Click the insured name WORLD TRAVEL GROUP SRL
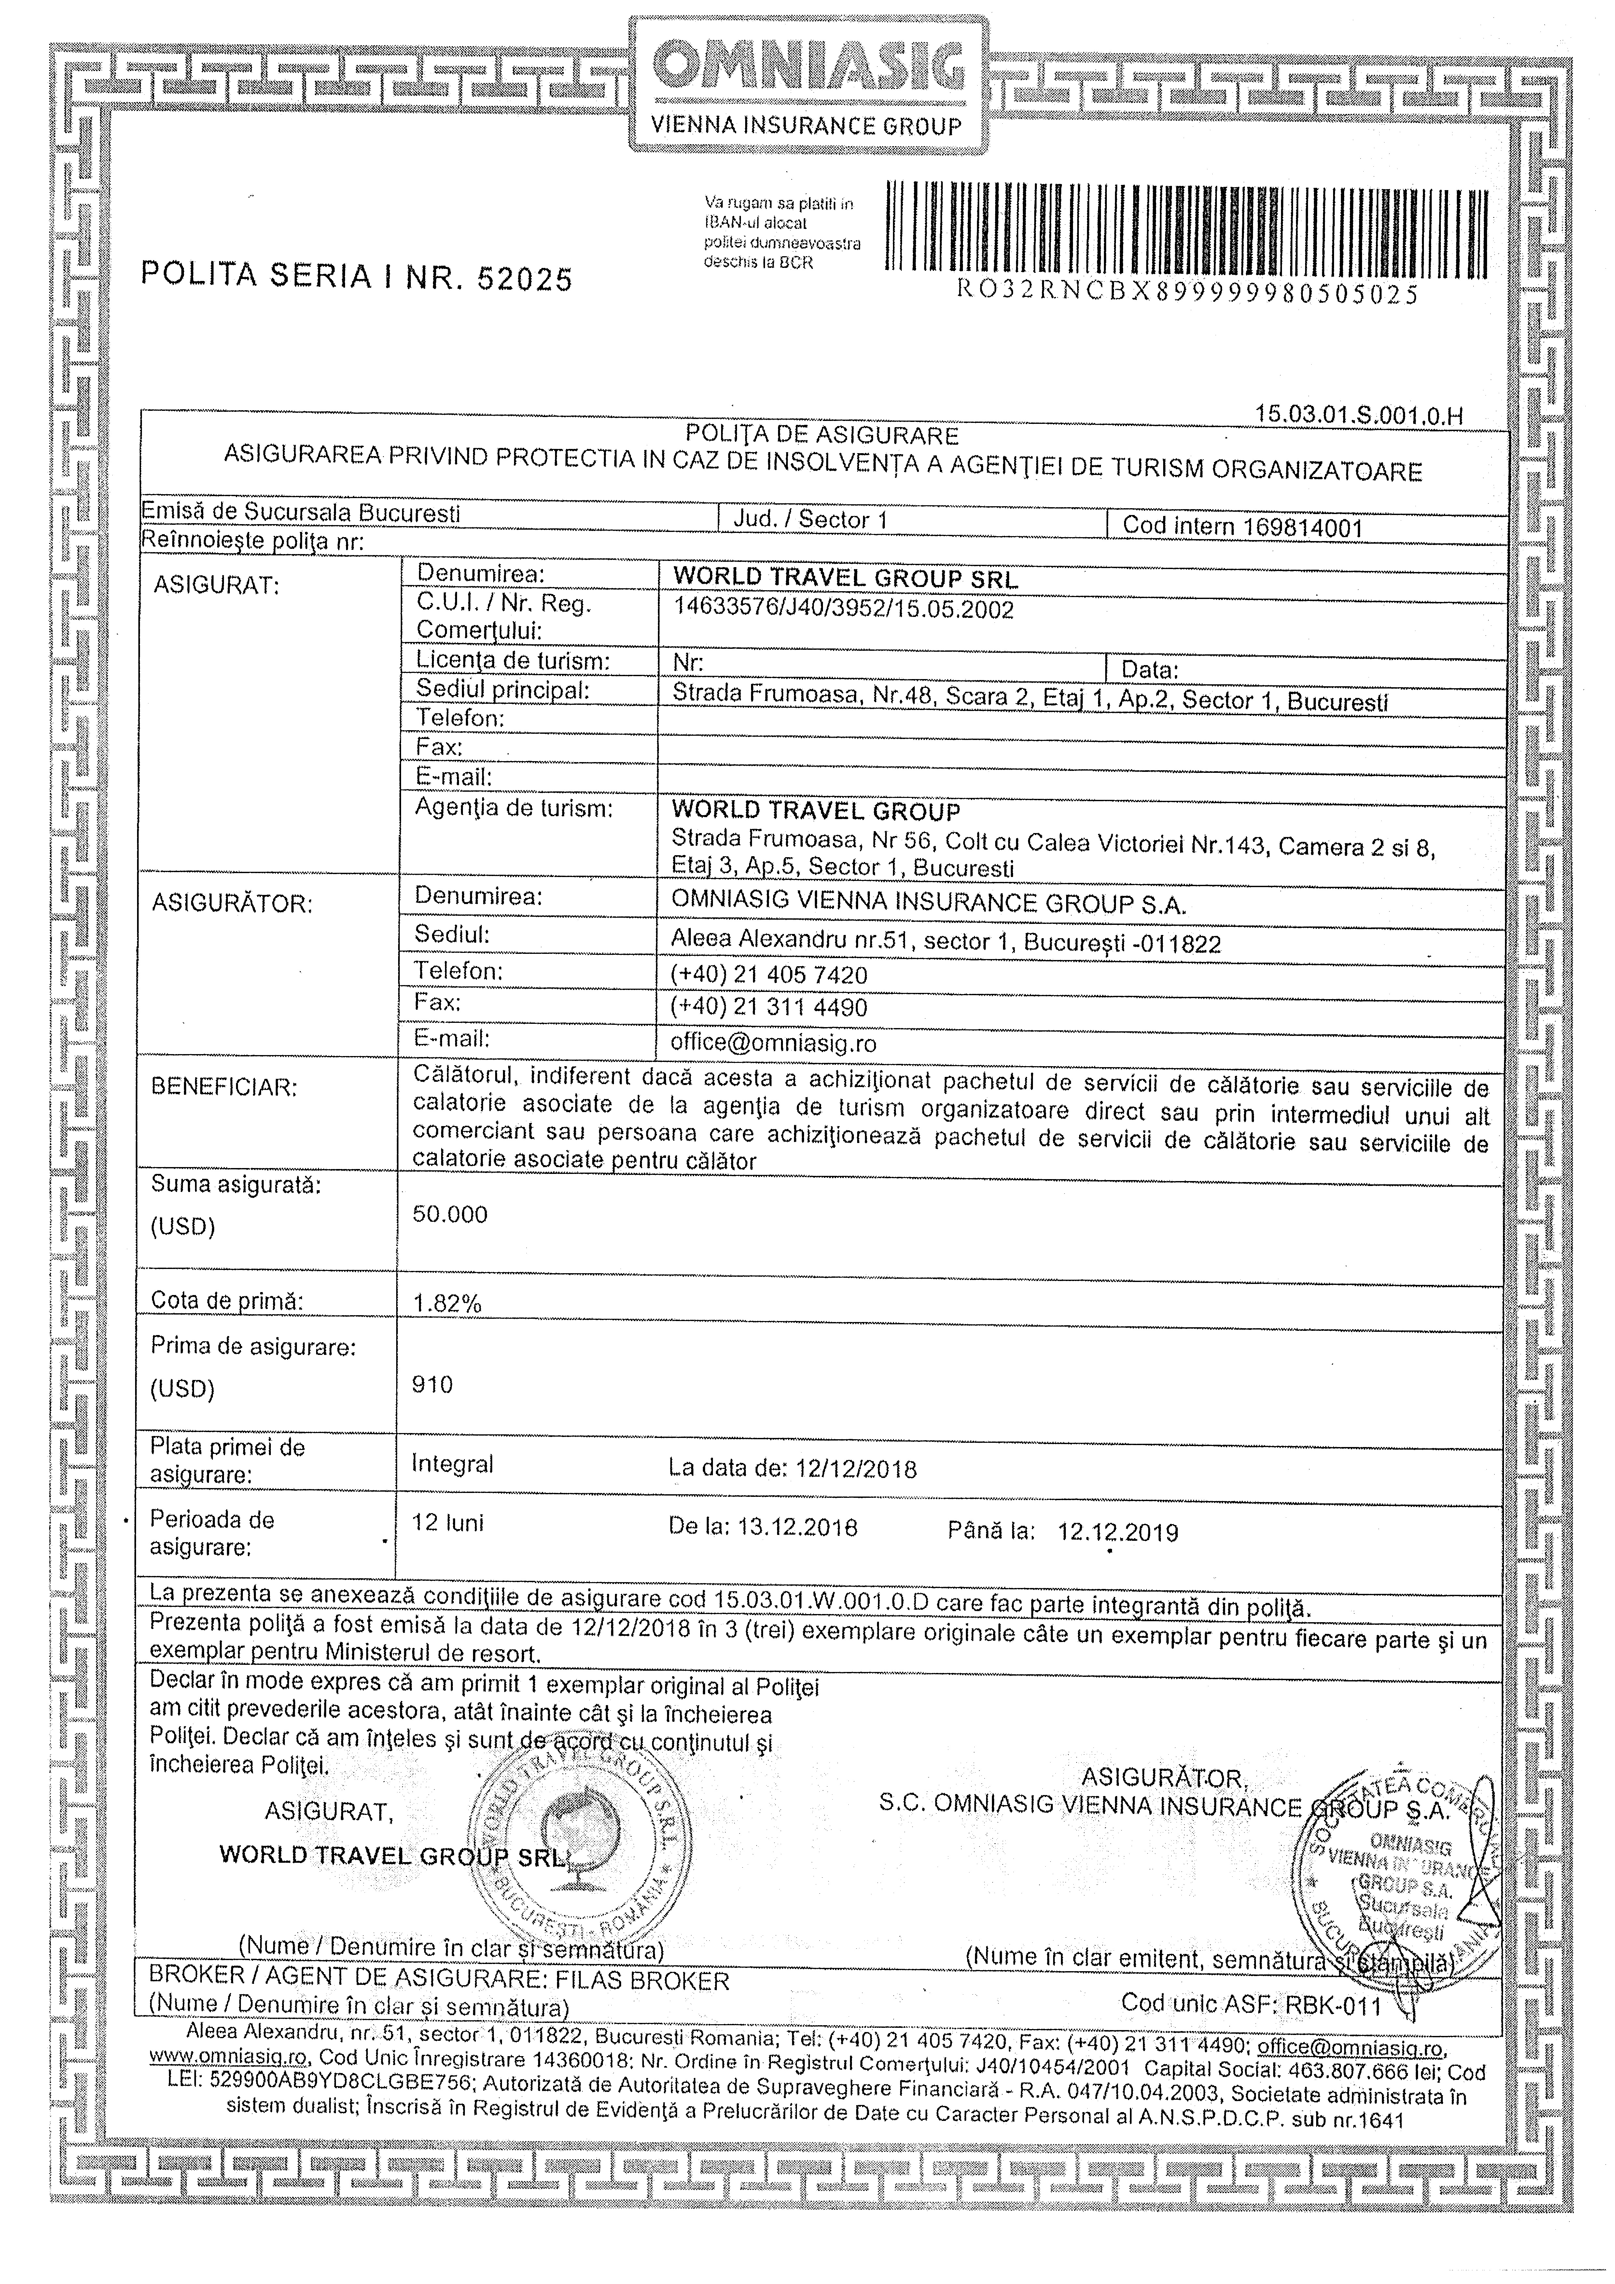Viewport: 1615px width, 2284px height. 846,578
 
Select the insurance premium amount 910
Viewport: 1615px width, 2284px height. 433,1385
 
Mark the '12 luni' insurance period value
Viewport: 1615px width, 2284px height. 448,1523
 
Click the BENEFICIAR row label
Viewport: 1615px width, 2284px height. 224,1086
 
